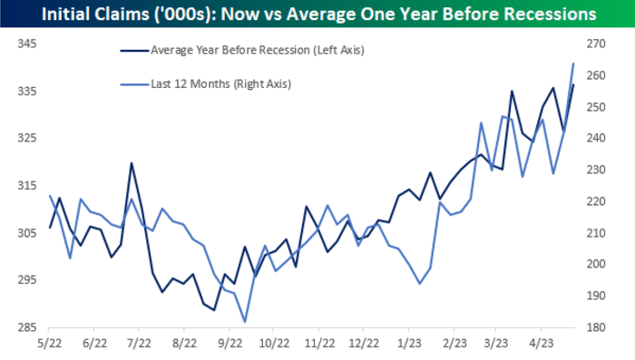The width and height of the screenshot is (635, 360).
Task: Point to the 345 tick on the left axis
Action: pyautogui.click(x=27, y=44)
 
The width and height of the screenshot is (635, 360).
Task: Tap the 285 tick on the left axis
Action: pyautogui.click(x=27, y=327)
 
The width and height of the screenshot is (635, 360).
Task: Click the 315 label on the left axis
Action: pyautogui.click(x=27, y=186)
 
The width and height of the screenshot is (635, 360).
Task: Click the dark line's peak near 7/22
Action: pyautogui.click(x=132, y=163)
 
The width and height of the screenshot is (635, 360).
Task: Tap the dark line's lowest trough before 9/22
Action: pyautogui.click(x=214, y=310)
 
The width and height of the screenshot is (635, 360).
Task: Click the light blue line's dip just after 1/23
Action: pyautogui.click(x=419, y=284)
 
